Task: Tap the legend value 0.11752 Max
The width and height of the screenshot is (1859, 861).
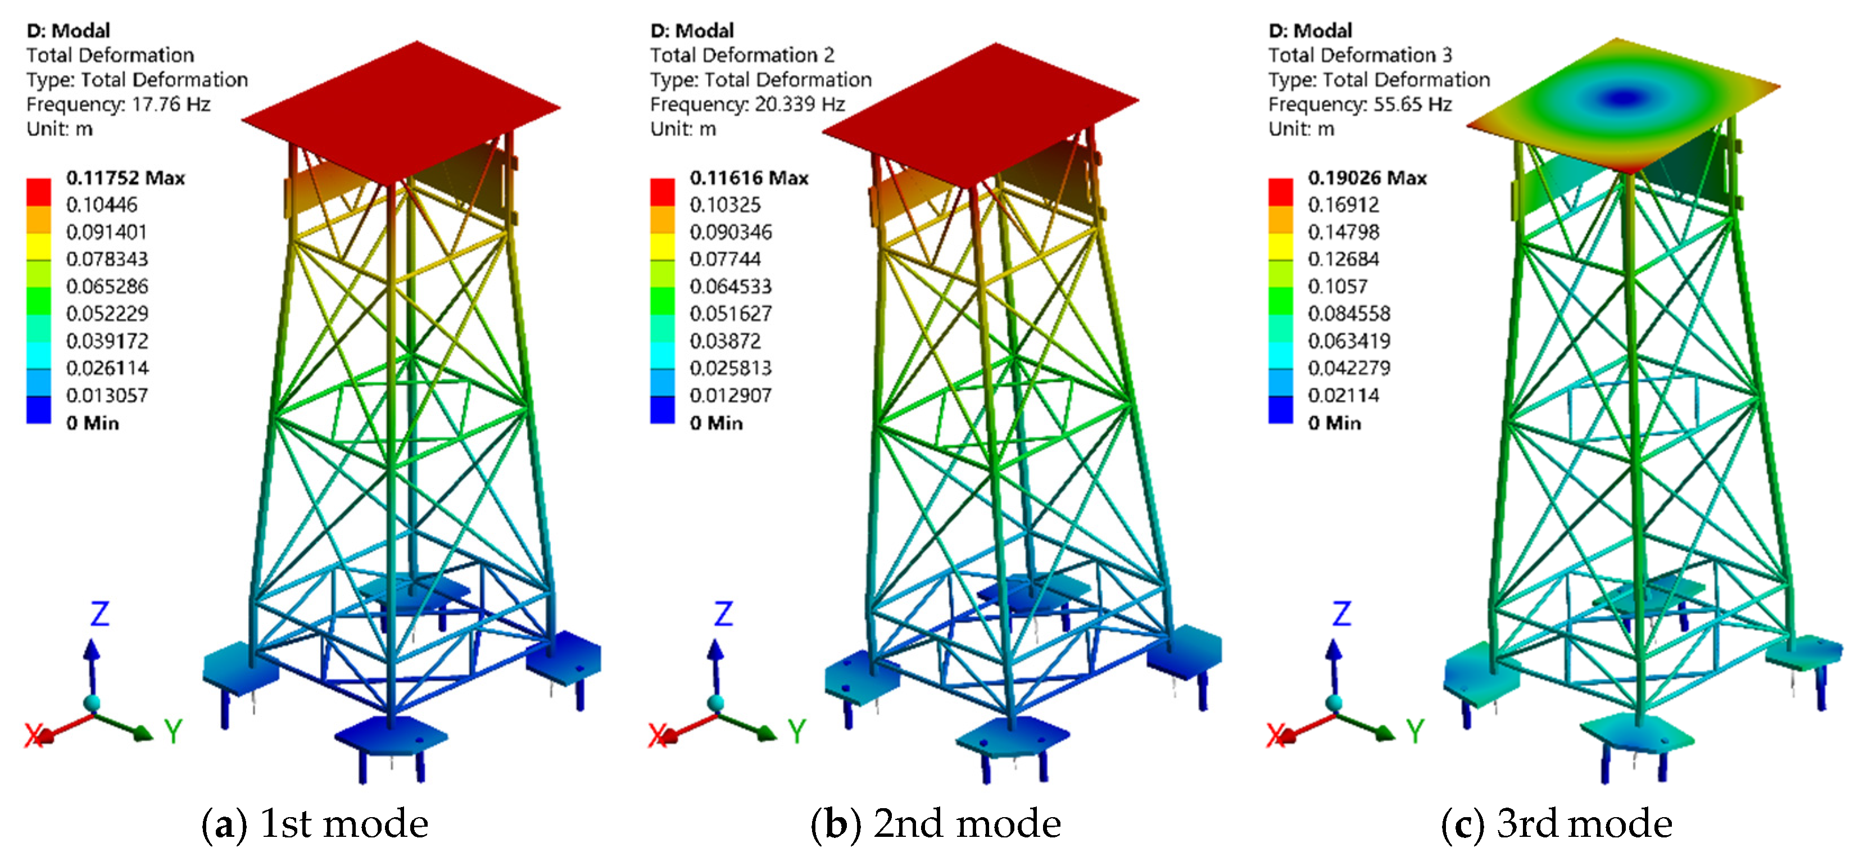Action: (125, 178)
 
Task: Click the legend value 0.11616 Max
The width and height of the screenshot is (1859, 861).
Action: (749, 178)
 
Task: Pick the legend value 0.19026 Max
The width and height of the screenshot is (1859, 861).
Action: (1367, 178)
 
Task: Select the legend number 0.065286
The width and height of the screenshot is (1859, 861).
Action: (107, 287)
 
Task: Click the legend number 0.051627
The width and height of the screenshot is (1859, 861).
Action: (731, 314)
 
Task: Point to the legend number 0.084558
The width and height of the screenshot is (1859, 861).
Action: (1349, 314)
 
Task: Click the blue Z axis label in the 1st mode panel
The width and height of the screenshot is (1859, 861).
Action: (99, 614)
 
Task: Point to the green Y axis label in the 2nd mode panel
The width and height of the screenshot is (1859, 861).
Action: (797, 732)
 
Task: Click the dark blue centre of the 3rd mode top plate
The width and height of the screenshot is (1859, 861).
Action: (1624, 97)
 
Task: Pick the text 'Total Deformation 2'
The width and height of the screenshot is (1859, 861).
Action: (742, 56)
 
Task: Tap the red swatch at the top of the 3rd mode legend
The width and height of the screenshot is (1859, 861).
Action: (1281, 191)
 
